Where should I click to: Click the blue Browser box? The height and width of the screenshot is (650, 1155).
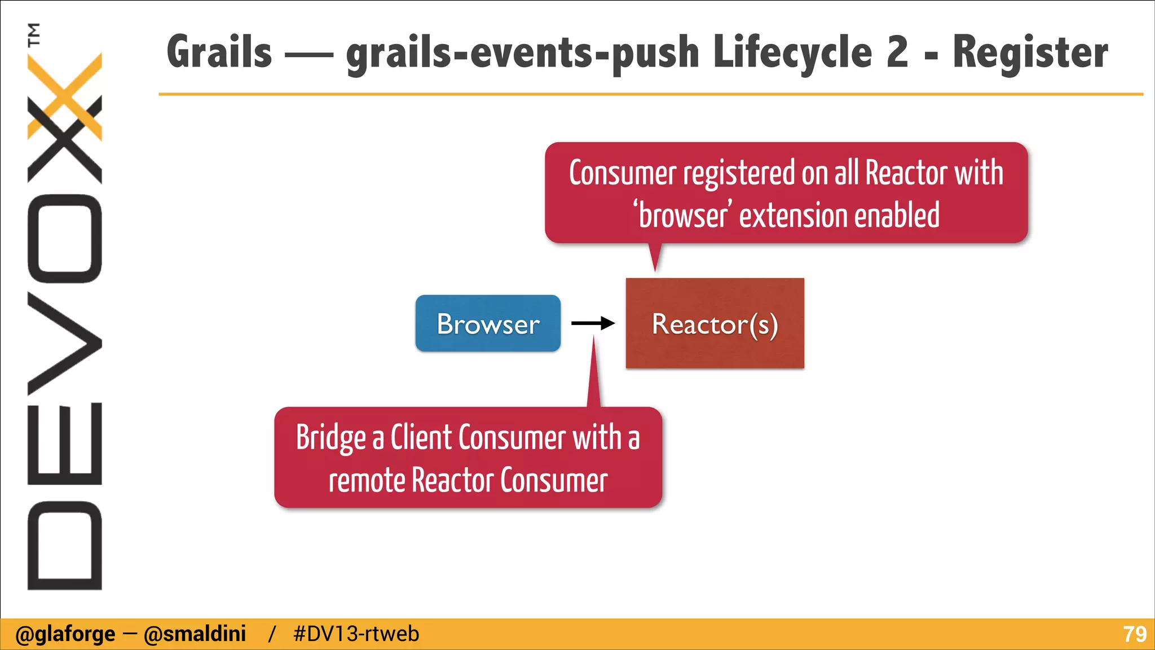488,323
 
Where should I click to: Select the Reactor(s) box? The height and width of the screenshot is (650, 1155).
715,323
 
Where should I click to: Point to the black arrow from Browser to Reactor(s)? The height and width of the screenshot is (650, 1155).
592,323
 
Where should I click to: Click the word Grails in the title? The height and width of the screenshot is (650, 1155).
219,52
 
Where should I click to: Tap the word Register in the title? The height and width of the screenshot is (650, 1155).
1030,52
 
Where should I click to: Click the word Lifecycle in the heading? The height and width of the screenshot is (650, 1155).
792,52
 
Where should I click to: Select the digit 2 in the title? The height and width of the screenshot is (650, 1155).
897,52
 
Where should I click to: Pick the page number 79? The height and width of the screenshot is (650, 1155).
1134,634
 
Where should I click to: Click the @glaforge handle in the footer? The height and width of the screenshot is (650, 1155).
65,634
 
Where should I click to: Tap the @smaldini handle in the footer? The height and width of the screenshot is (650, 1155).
195,634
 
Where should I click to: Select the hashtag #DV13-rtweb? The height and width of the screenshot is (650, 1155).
356,634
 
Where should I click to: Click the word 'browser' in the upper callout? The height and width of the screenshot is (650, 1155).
682,216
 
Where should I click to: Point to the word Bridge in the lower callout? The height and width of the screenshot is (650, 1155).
331,438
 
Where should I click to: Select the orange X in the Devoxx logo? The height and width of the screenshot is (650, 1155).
65,96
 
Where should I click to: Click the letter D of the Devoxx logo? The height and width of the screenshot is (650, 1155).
64,544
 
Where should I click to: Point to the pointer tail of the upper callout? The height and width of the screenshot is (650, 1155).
655,257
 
